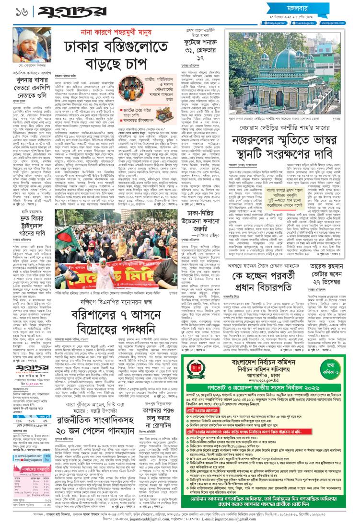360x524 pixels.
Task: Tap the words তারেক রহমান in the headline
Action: (x=325, y=267)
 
